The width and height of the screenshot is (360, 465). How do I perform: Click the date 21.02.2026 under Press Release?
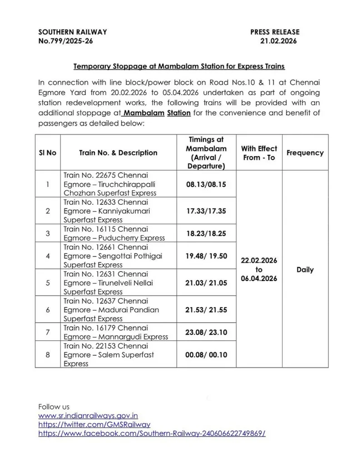point(278,41)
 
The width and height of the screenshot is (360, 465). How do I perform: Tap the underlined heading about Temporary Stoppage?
point(179,66)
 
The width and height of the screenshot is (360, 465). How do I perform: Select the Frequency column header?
point(305,153)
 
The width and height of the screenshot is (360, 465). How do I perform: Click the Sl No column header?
point(48,153)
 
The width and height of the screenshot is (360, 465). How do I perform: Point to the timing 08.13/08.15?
point(206,184)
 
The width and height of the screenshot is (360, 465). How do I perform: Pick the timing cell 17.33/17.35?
point(206,211)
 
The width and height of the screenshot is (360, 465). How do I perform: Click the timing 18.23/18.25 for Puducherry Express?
point(206,233)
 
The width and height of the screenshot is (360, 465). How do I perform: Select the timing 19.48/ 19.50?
point(206,256)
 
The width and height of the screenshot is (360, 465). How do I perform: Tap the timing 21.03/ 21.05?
point(206,282)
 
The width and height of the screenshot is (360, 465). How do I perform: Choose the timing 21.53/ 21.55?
point(206,310)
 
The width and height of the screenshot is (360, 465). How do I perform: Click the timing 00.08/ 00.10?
point(206,355)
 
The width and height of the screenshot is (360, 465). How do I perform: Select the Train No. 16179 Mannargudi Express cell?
point(116,332)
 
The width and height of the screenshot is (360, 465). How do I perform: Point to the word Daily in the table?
point(305,270)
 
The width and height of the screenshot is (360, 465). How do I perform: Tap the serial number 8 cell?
point(48,355)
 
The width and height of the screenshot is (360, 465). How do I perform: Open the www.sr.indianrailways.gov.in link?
point(88,415)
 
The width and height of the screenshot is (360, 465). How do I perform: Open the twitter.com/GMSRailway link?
point(94,424)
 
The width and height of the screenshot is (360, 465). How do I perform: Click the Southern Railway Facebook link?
point(152,433)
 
